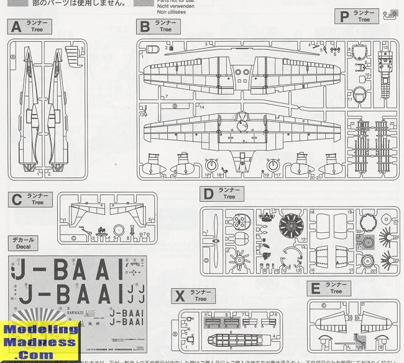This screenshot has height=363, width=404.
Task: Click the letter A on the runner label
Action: (16, 27)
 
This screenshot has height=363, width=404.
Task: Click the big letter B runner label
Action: (145, 26)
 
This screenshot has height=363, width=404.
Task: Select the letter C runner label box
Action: (17, 199)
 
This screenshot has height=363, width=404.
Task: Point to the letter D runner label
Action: (208, 193)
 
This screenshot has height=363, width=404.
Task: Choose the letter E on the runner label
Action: (315, 288)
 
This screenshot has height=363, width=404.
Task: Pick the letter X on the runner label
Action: (179, 296)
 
